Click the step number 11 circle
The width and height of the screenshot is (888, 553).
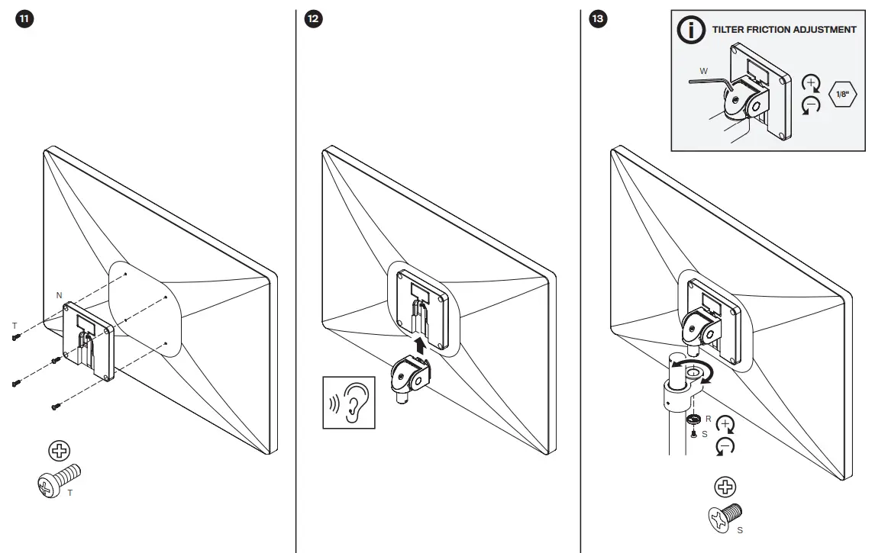(x=24, y=20)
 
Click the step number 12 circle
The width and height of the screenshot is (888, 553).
(x=313, y=20)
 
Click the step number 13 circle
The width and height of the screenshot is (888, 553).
(x=599, y=20)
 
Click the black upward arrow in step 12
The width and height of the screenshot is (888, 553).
(x=419, y=347)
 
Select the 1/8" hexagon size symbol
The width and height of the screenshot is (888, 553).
(x=843, y=95)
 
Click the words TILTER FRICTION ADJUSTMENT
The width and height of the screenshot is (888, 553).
(x=783, y=30)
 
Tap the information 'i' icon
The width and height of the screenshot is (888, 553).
(x=692, y=30)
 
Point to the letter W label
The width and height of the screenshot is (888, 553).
(x=704, y=72)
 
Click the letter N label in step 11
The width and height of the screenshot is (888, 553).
(x=59, y=294)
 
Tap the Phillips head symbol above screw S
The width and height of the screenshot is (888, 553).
(x=725, y=487)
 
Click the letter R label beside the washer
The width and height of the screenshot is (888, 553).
(x=709, y=419)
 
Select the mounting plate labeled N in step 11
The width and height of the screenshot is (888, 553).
(x=90, y=338)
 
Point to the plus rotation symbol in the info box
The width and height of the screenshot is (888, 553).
(x=812, y=82)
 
